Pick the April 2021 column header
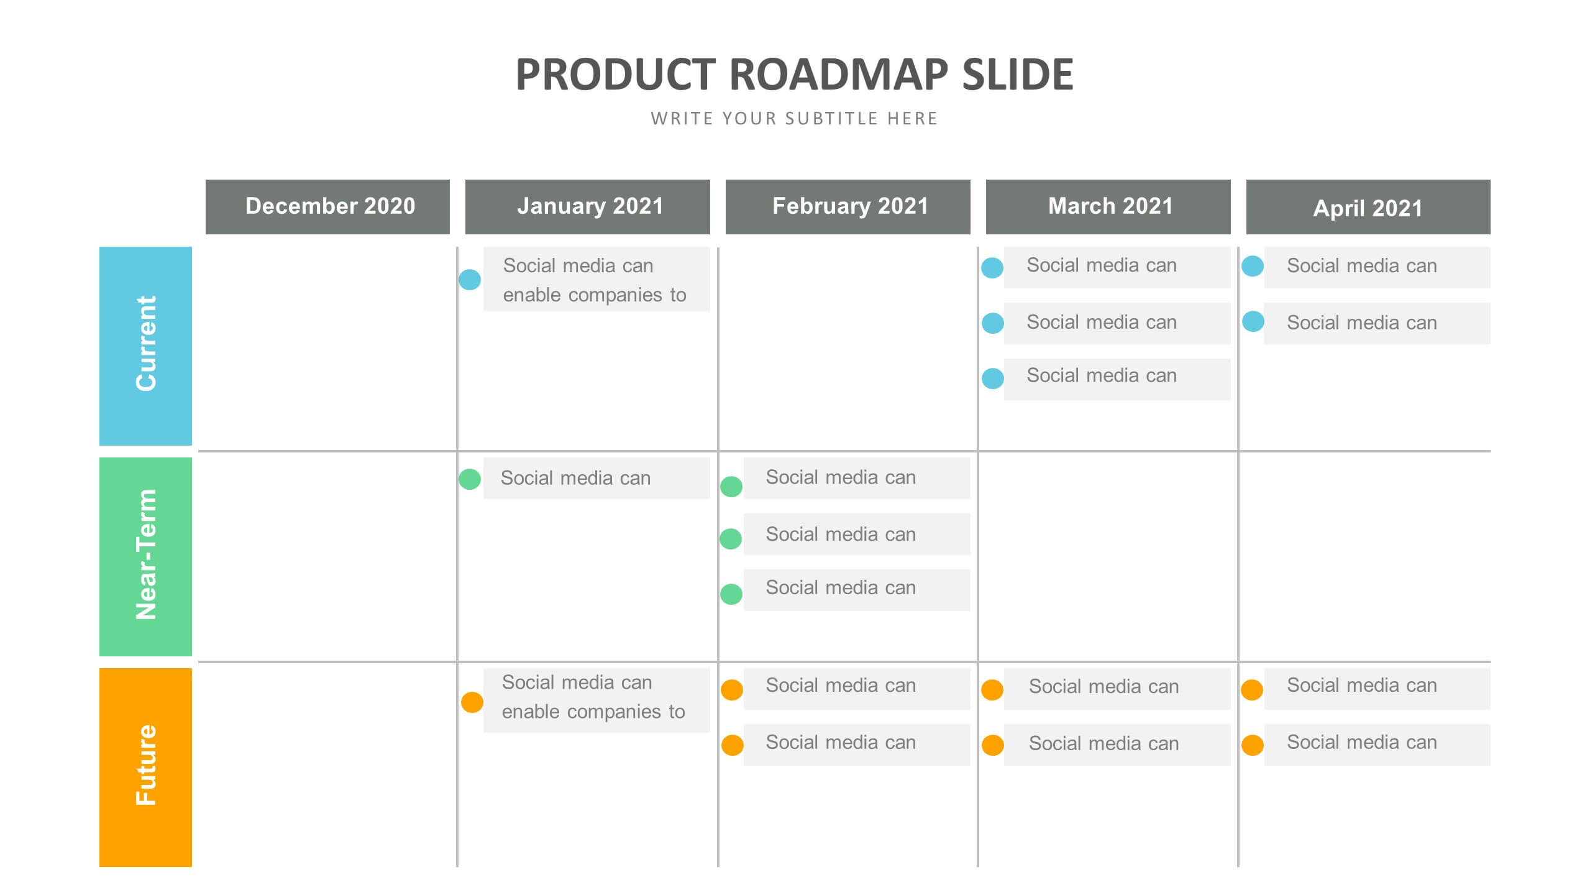click(1368, 207)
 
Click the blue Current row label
click(145, 346)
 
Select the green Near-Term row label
click(145, 556)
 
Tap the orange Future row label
click(145, 767)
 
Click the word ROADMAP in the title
click(839, 75)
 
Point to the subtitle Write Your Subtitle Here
click(794, 119)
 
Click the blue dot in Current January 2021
click(470, 280)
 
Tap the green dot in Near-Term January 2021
click(470, 479)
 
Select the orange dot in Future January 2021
click(472, 702)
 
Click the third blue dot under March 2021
click(993, 379)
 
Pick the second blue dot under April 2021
click(1253, 321)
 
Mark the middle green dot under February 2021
click(731, 539)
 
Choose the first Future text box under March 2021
click(1117, 688)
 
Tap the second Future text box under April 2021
click(1377, 744)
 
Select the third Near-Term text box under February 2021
click(856, 589)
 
